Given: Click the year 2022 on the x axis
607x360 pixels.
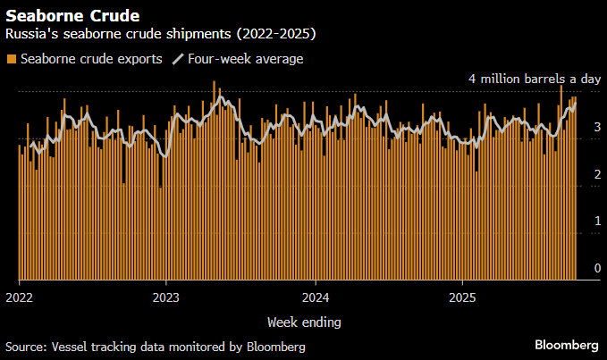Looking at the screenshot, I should pyautogui.click(x=19, y=297).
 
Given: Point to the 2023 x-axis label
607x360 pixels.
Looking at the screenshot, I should pyautogui.click(x=167, y=297).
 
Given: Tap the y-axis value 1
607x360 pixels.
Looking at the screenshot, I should pyautogui.click(x=597, y=221).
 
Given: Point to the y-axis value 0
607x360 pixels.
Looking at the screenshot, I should pyautogui.click(x=597, y=268).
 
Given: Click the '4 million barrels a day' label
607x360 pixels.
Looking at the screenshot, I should pyautogui.click(x=534, y=79).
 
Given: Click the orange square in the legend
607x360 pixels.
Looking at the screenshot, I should pyautogui.click(x=11, y=59).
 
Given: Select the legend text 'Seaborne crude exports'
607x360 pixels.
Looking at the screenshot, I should pyautogui.click(x=90, y=59).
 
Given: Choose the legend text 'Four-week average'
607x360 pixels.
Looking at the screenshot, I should pyautogui.click(x=246, y=59).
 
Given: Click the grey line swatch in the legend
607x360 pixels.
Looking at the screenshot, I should pyautogui.click(x=178, y=59).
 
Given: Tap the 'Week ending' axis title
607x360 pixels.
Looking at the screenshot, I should pyautogui.click(x=303, y=321).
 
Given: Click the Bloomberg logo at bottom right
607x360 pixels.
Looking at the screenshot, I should pyautogui.click(x=567, y=345).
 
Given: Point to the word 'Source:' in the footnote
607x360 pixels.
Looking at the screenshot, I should pyautogui.click(x=27, y=346).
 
